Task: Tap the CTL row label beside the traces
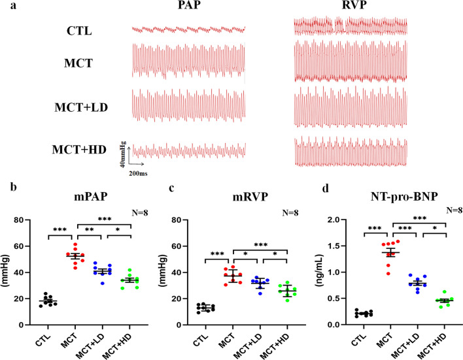click(x=78, y=30)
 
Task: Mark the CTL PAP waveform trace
click(x=188, y=30)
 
